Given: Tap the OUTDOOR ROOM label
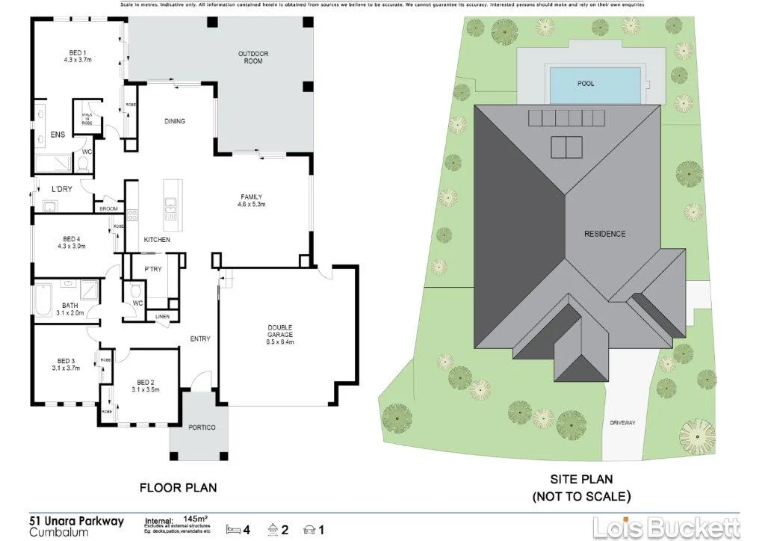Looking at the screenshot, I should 253,58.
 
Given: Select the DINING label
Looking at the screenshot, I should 174,121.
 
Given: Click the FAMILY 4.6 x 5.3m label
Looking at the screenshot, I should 251,200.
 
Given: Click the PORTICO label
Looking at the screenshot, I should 202,427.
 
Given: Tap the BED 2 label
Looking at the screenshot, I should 146,385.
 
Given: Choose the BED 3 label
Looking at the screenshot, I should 66,364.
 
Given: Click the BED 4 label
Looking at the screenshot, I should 71,241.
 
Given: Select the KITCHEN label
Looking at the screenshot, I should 157,240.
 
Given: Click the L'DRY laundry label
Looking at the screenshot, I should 61,189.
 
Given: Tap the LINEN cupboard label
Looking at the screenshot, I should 163,315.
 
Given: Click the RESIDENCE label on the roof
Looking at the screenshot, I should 605,234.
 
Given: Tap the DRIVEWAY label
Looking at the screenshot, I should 622,423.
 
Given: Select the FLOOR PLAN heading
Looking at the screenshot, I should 179,488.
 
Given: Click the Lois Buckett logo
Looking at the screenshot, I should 666,527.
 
